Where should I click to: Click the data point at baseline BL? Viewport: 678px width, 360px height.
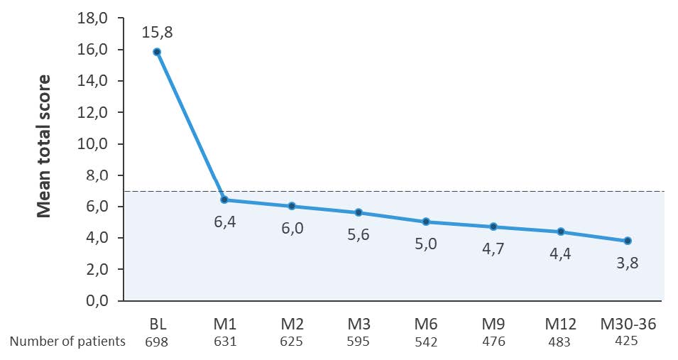[157, 52]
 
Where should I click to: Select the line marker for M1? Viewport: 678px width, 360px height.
[224, 200]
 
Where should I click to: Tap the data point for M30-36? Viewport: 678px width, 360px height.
[628, 241]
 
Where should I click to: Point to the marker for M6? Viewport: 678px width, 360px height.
[426, 222]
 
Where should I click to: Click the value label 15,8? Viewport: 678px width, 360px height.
[157, 32]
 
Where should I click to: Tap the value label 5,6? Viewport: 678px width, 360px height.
[359, 234]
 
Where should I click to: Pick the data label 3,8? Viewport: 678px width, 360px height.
[628, 262]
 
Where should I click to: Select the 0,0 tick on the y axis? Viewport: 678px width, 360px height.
[94, 301]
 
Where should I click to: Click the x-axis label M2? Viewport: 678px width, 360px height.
[292, 324]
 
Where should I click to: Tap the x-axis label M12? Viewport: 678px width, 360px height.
[560, 324]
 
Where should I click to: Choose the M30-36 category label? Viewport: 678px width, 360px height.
[628, 324]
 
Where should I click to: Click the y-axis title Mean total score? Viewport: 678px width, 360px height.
[43, 146]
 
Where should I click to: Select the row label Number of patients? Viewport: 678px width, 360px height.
[67, 342]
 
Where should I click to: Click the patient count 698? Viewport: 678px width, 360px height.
[157, 342]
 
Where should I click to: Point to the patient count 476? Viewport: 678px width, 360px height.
[493, 342]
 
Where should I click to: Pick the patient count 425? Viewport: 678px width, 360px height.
[628, 341]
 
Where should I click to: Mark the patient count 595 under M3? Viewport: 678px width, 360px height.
[359, 342]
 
